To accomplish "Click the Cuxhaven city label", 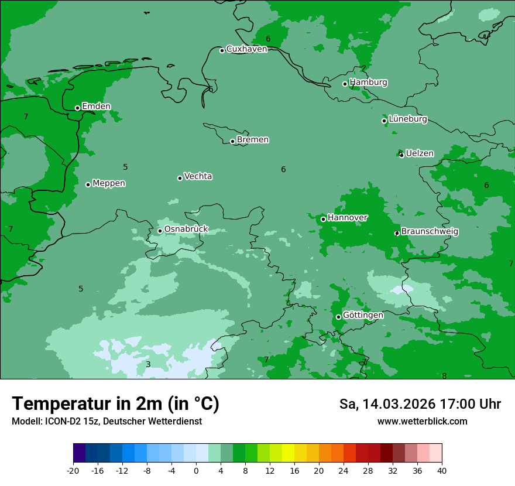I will tap(246, 49).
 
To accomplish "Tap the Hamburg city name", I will tap(368, 83).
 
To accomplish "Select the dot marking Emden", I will tap(77, 108).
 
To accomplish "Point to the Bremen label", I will tap(253, 140).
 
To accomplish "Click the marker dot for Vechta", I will tap(180, 178).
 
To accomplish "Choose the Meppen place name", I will tap(109, 183).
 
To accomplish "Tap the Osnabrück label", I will tap(186, 230).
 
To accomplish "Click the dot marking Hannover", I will tap(323, 219).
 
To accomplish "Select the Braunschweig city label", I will tap(430, 231).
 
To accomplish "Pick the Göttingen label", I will tap(363, 316).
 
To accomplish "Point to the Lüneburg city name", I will tap(408, 119).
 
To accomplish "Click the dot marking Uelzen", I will tap(401, 155).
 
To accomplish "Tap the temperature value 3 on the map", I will tap(148, 364).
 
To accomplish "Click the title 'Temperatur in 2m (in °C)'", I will tap(115, 403).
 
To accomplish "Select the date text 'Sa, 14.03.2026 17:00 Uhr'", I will tap(420, 404).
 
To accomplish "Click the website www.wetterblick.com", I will tap(422, 421).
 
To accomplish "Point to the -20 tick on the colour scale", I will tap(73, 470).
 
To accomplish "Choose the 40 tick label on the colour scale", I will tap(442, 470).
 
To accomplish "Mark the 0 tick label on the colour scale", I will tap(196, 470).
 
